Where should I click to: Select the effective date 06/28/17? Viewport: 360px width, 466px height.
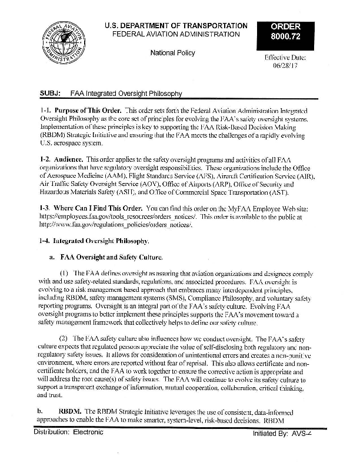coord(285,68)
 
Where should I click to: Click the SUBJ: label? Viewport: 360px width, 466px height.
coord(51,94)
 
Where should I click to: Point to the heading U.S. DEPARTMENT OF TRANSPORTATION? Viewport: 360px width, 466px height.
coord(176,26)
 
